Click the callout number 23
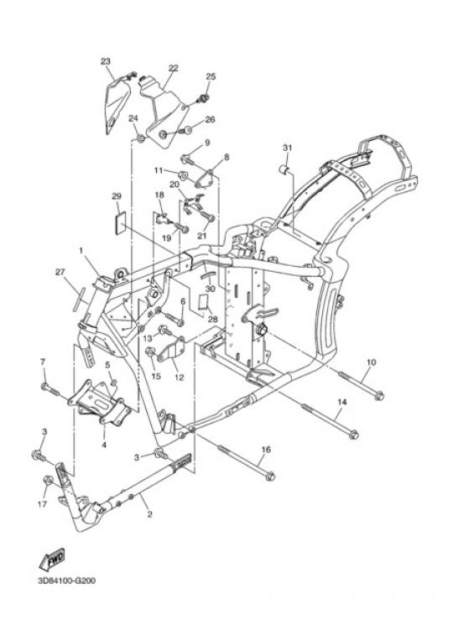(x=105, y=61)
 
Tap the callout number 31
(x=287, y=148)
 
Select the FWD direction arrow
(x=52, y=559)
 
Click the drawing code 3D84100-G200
(x=67, y=581)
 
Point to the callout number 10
(x=371, y=362)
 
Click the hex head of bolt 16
(x=270, y=475)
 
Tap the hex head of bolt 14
(x=353, y=435)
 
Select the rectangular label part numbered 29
(x=120, y=221)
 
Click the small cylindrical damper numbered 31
(x=284, y=169)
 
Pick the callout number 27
(x=60, y=273)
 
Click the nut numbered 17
(x=48, y=481)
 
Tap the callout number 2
(x=149, y=514)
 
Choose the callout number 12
(x=180, y=377)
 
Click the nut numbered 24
(x=140, y=138)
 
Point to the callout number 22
(x=174, y=68)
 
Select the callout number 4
(x=104, y=444)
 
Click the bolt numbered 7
(x=50, y=388)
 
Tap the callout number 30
(x=211, y=289)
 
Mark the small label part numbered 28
(x=203, y=302)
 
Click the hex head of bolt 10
(x=379, y=395)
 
